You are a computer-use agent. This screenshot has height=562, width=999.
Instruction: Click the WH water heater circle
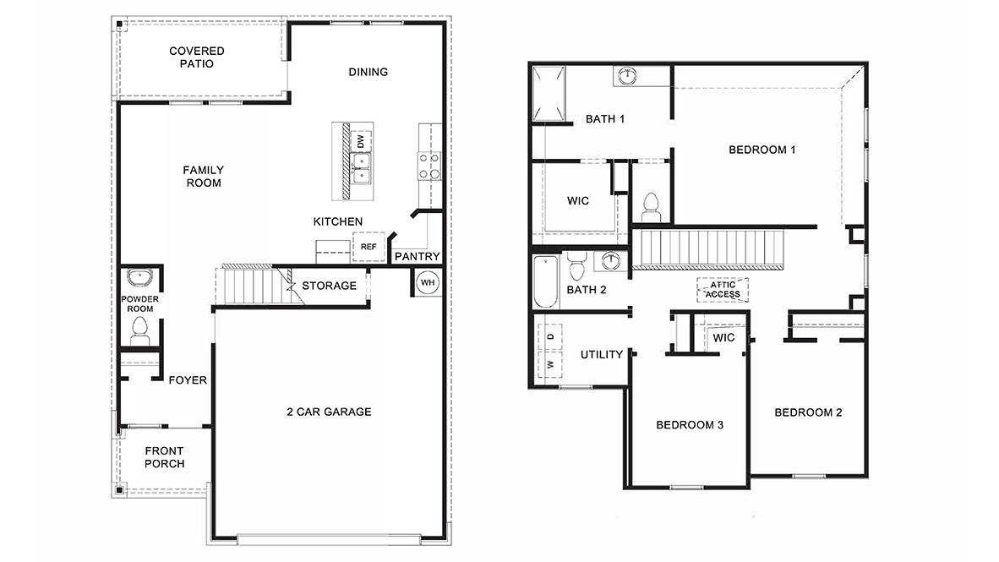428,281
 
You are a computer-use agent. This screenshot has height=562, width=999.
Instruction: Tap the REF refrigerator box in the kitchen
368,247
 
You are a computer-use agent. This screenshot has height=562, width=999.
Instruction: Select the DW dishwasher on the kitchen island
361,141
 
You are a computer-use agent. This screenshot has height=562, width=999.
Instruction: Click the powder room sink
138,279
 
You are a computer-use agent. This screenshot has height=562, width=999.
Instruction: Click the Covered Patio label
196,57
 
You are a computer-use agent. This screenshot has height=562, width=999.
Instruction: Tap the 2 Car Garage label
329,412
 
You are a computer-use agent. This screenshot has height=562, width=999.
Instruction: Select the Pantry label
418,256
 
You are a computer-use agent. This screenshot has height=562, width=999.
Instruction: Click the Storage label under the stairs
329,286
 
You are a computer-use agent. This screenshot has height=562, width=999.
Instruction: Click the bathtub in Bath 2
544,283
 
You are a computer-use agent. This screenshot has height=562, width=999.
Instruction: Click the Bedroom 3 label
689,424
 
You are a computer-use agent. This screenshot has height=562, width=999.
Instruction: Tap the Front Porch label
164,457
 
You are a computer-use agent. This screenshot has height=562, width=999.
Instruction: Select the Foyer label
187,380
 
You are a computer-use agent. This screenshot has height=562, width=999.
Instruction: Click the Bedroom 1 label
762,150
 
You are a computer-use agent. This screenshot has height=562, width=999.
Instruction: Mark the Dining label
368,72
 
